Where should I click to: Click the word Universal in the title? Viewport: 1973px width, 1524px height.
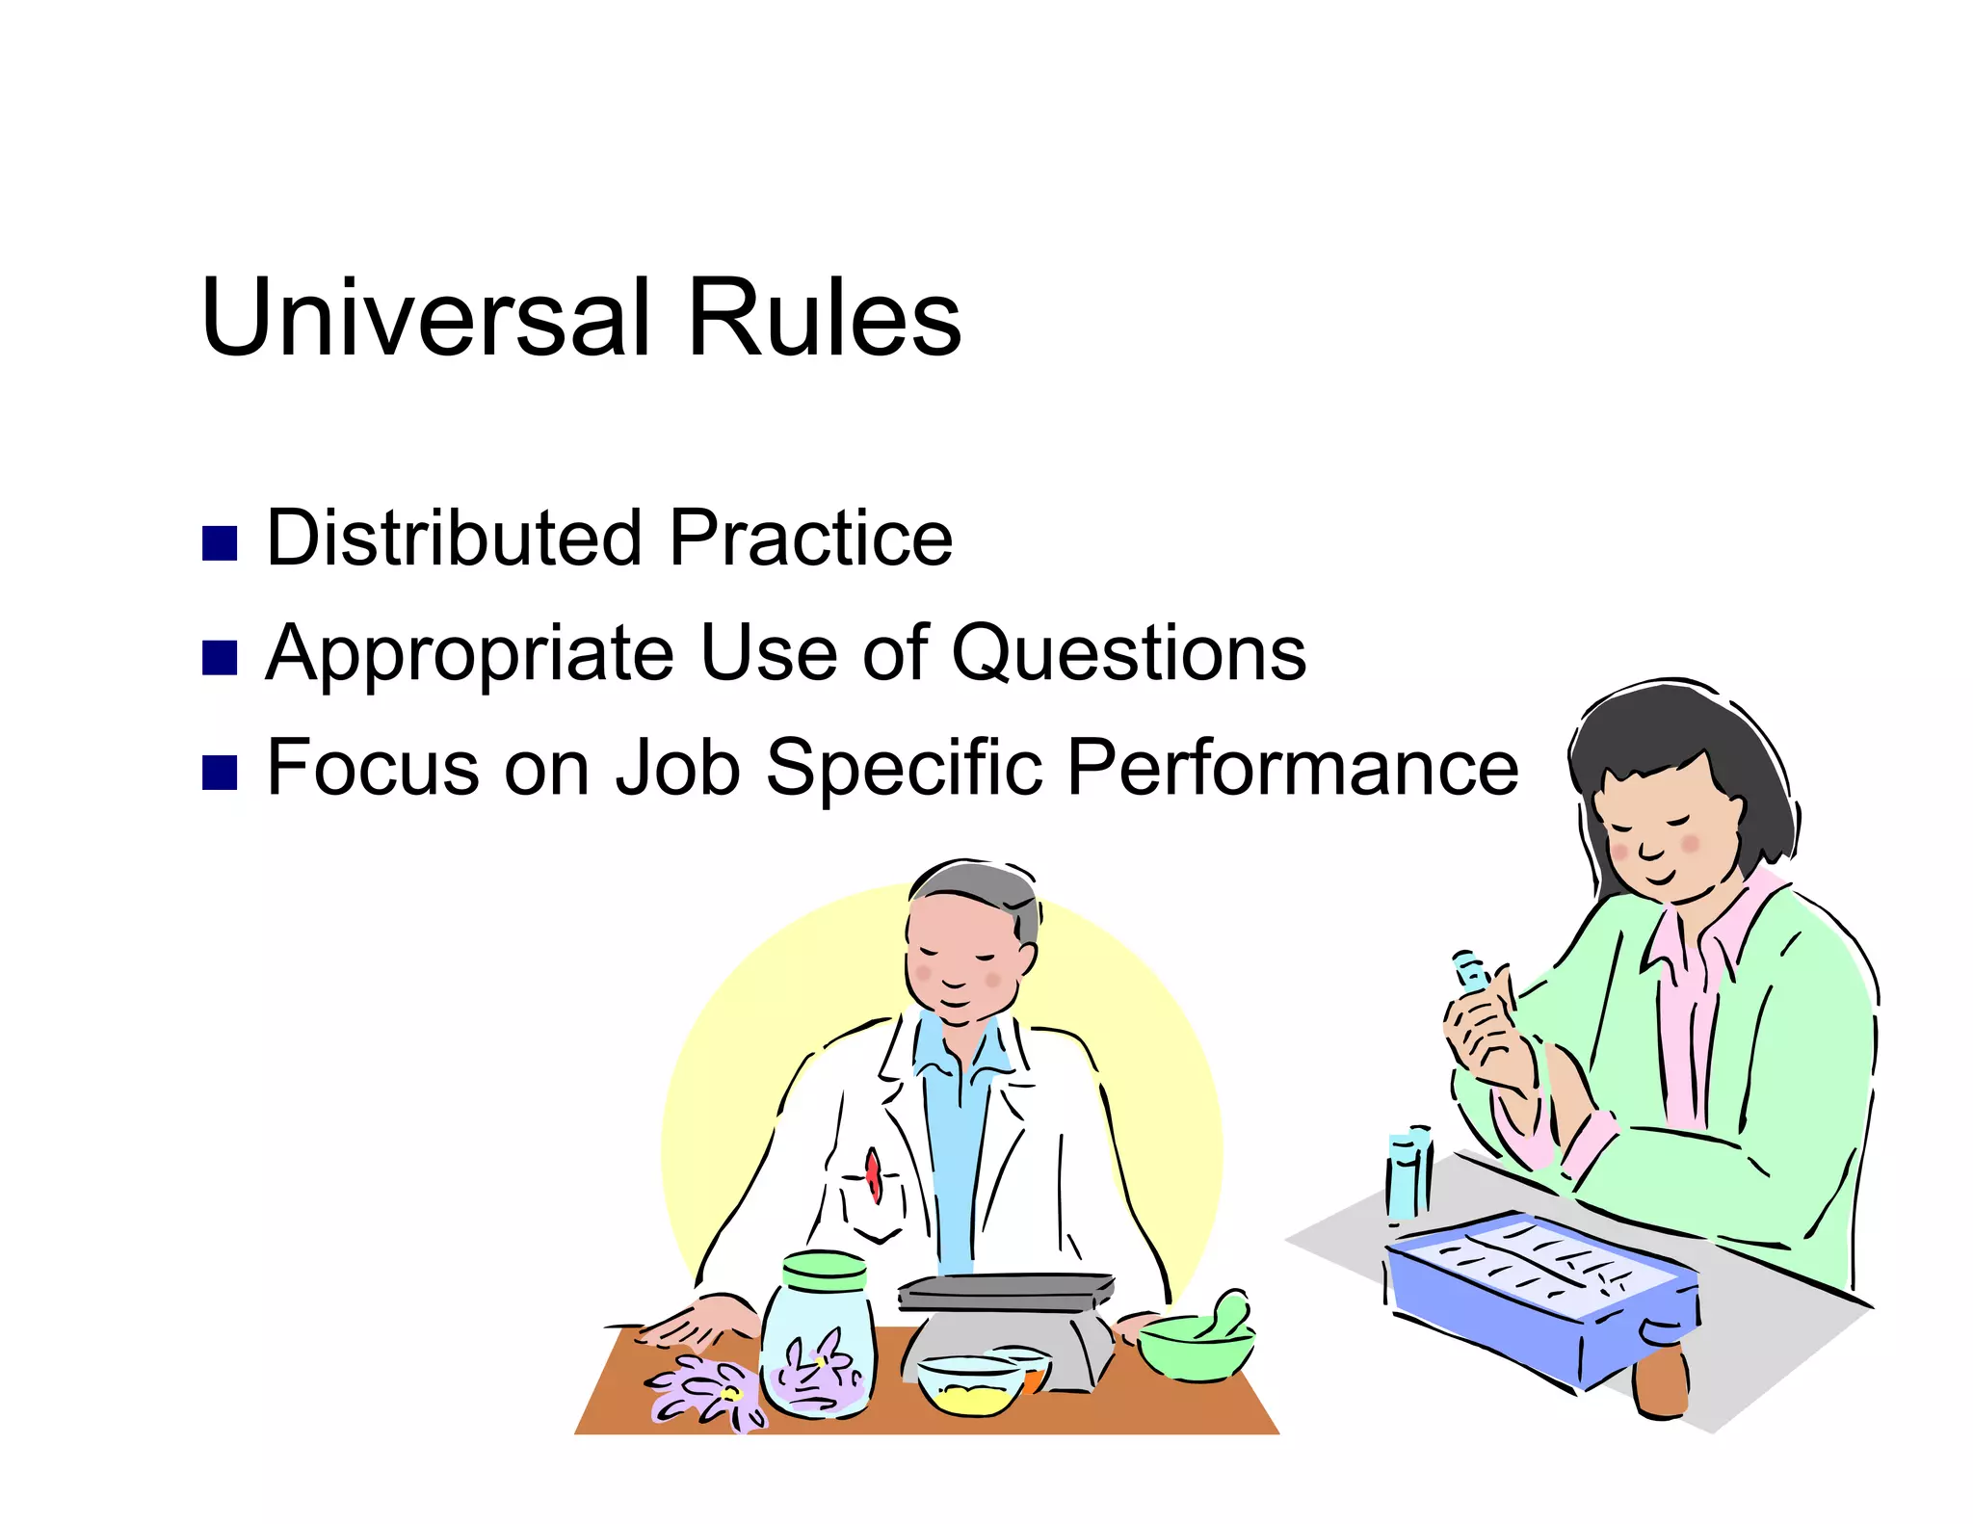[424, 318]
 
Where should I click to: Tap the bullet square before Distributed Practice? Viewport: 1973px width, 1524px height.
[220, 543]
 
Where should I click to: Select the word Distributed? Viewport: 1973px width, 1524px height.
[454, 538]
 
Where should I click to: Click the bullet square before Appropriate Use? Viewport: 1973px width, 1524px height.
[220, 658]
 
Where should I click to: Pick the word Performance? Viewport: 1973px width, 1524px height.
[1292, 768]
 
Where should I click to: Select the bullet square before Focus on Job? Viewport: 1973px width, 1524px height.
[220, 773]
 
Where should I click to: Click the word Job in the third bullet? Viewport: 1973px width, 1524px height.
[678, 768]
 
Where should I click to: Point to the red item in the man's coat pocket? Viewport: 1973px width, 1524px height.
[873, 1175]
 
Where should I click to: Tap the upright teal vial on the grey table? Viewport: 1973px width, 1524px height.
[1408, 1175]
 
